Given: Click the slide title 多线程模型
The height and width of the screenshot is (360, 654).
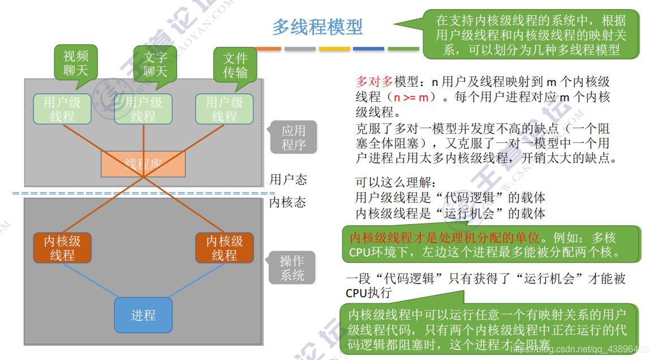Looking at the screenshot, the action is (317, 27).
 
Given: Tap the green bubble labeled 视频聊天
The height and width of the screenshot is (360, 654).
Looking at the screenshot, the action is (76, 63).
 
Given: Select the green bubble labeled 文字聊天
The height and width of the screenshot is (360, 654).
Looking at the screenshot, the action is (155, 64).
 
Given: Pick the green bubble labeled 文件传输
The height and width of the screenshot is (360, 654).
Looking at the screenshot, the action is (235, 65).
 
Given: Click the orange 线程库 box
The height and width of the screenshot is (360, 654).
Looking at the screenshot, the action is (143, 164).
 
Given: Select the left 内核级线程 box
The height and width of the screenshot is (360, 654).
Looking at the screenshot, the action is (62, 248).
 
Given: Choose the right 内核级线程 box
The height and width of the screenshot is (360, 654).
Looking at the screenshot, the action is (224, 248).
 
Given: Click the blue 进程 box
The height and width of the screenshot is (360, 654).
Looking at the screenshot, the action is (143, 315).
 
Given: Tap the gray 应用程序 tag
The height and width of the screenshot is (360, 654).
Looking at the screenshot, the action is (294, 138).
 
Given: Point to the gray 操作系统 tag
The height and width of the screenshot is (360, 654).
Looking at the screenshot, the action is (292, 268).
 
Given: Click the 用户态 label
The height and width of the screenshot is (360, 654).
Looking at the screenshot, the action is (288, 179).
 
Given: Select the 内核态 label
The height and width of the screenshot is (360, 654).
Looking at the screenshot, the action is (287, 202).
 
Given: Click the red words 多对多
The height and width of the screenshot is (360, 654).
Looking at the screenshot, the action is (375, 82).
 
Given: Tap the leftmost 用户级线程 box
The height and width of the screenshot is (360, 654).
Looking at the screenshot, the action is (62, 109).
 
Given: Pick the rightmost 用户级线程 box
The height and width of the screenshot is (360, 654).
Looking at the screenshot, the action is (224, 109).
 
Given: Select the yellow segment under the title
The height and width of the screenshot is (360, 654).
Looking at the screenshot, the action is (334, 49).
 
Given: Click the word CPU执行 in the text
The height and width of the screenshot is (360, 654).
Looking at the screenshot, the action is (368, 293).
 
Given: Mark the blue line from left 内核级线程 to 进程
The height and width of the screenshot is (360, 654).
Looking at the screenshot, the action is (91, 282).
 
